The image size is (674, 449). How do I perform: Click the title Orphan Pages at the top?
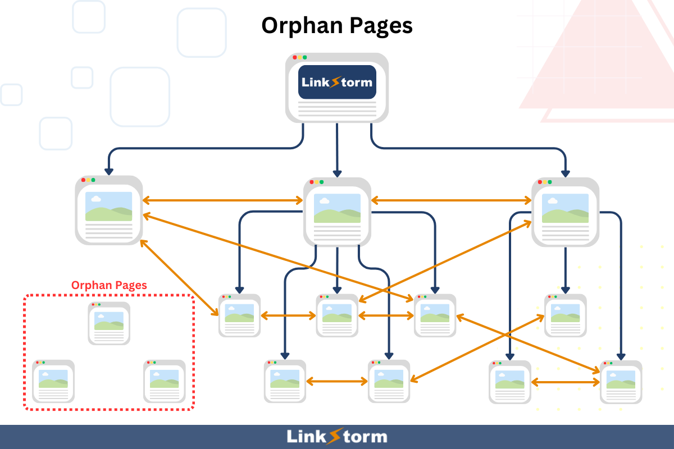[337, 26]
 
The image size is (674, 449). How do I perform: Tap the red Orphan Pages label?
[109, 285]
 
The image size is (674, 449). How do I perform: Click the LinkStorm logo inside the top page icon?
[337, 82]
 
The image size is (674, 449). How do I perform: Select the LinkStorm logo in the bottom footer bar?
[337, 437]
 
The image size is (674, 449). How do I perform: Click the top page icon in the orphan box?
[109, 323]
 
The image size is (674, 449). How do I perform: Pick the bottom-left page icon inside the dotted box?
[53, 382]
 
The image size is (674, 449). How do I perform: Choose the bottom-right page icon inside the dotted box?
[165, 382]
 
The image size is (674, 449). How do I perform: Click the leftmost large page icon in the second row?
[109, 210]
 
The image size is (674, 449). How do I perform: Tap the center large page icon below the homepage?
[337, 212]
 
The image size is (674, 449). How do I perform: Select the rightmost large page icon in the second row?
[565, 212]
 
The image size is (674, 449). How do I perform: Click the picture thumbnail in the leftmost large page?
[109, 206]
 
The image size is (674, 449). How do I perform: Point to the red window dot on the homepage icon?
[295, 57]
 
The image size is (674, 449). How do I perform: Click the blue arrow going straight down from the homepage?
[337, 149]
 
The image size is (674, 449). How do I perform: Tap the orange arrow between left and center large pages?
[223, 200]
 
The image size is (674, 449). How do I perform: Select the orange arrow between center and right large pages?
[452, 200]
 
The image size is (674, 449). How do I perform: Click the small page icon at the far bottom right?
[621, 382]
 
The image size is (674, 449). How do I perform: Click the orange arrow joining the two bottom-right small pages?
[566, 383]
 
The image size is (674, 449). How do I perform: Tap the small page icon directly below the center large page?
[337, 315]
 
